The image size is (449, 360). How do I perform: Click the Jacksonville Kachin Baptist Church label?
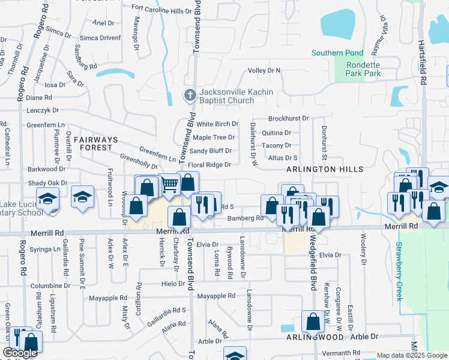[236, 96]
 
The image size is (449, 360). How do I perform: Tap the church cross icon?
[190, 95]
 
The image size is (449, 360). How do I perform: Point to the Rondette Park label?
[363, 70]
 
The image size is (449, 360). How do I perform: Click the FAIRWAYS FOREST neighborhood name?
[93, 143]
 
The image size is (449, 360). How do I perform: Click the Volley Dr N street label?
[265, 71]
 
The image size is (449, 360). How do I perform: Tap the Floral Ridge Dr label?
[209, 164]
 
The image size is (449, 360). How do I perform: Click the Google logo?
[20, 353]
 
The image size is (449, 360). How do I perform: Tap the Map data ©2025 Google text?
[411, 355]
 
